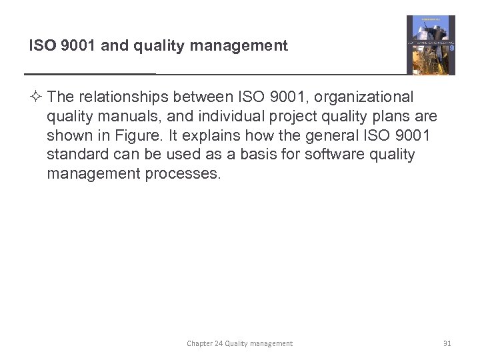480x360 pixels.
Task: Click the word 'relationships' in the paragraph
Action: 115,97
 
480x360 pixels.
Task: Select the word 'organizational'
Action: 363,97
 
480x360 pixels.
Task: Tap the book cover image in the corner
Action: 431,45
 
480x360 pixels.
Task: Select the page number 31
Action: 447,343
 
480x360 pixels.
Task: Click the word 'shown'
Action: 67,136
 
